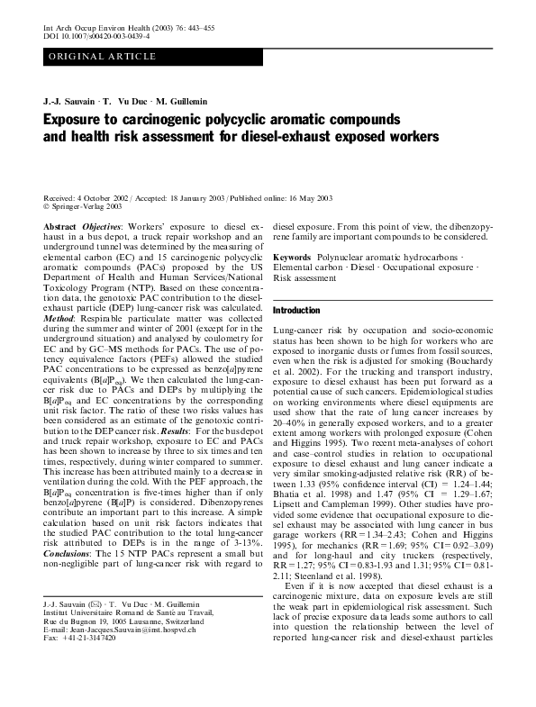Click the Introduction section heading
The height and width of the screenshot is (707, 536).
click(x=295, y=309)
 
